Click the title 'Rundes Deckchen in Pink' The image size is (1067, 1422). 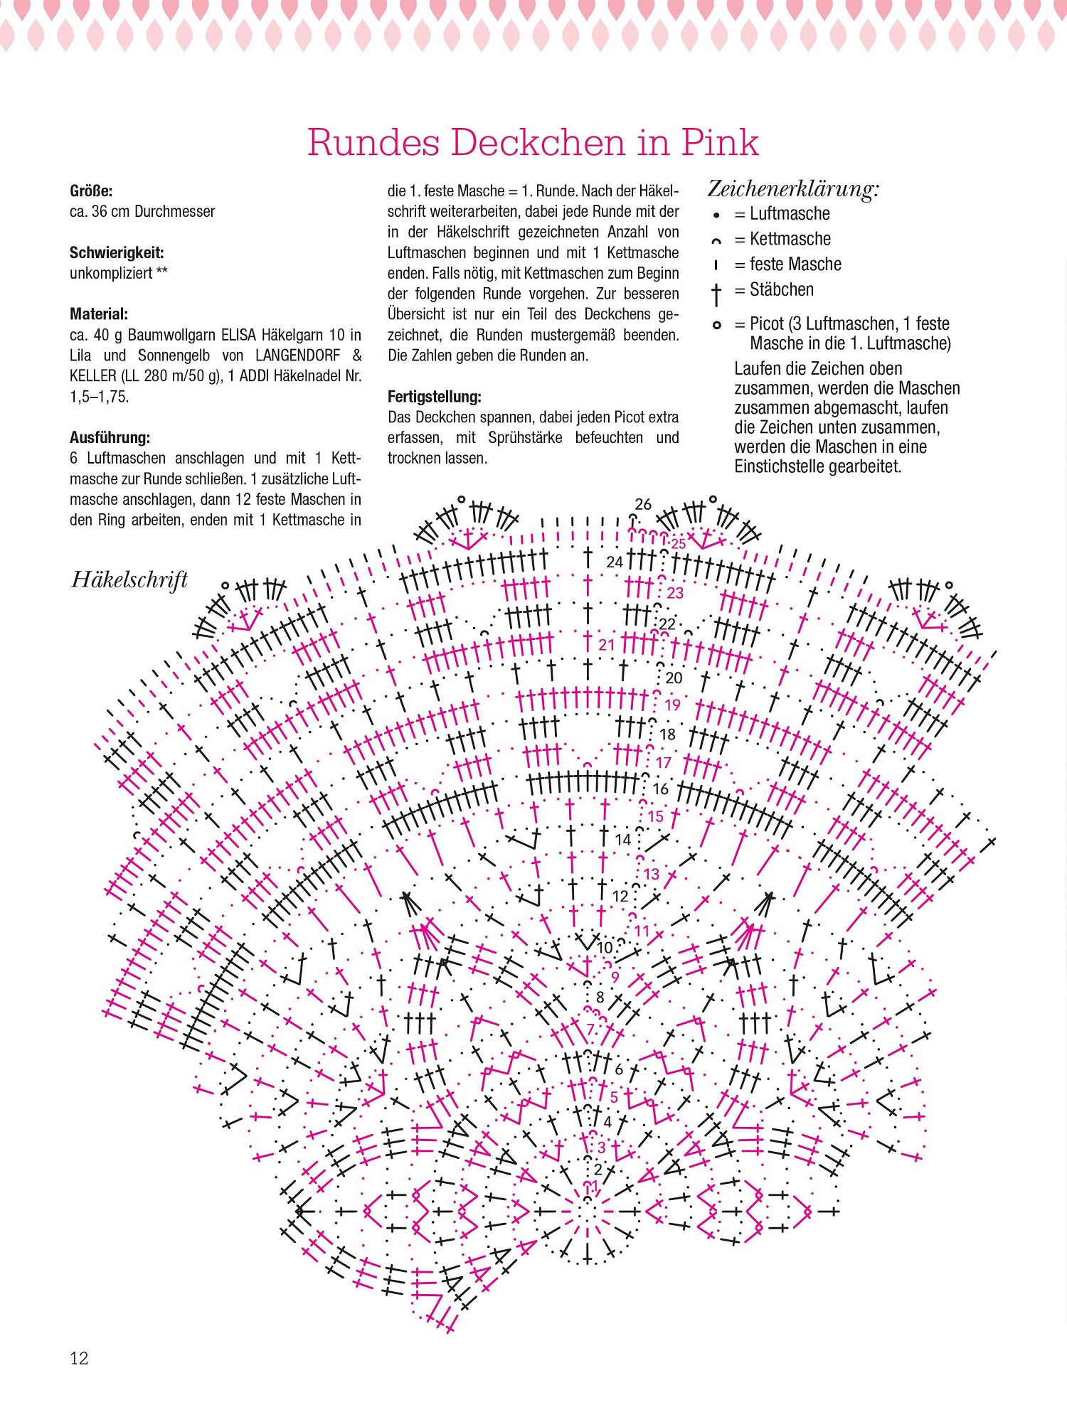click(x=533, y=142)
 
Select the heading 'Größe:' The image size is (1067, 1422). click(x=91, y=191)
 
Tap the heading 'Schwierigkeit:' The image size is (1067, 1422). click(x=117, y=252)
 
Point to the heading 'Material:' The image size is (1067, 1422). click(x=99, y=314)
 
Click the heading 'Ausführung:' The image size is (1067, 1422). click(x=110, y=437)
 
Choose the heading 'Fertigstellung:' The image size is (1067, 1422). click(x=434, y=397)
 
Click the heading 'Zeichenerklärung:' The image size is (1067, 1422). click(x=793, y=189)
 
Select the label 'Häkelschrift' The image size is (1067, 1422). click(x=129, y=580)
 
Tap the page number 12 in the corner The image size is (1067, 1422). click(x=79, y=1358)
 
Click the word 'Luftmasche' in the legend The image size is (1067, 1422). click(x=790, y=214)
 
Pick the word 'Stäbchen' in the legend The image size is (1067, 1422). click(x=782, y=289)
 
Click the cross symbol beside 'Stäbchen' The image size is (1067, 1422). click(x=716, y=293)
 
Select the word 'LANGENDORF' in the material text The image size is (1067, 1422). click(x=297, y=355)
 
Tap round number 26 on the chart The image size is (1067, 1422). click(x=643, y=504)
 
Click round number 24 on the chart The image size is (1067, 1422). click(x=615, y=562)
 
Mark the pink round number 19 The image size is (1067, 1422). click(x=672, y=705)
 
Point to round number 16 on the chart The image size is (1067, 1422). click(x=661, y=788)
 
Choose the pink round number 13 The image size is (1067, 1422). click(x=652, y=874)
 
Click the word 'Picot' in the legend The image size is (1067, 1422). click(x=767, y=324)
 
